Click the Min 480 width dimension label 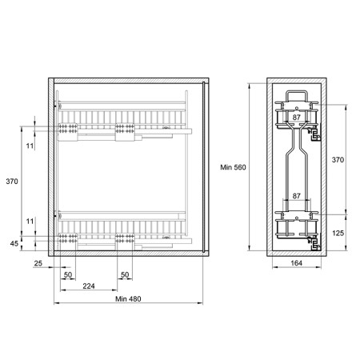click(128, 299)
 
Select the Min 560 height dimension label click(233, 167)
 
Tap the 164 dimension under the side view click(296, 263)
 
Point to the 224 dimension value click(89, 286)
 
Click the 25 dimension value click(38, 263)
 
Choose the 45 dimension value click(14, 243)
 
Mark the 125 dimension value click(338, 234)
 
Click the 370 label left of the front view click(12, 182)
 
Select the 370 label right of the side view click(338, 160)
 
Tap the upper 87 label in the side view click(297, 118)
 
